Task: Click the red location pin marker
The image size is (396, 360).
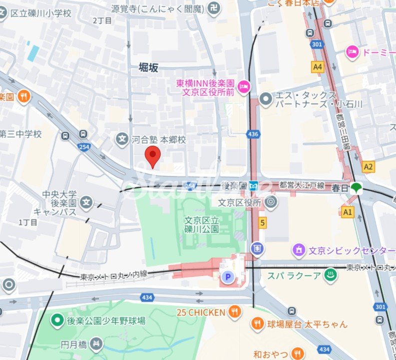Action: point(152,157)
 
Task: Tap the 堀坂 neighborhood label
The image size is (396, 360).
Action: point(148,68)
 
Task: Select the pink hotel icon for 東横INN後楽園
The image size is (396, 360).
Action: point(244,87)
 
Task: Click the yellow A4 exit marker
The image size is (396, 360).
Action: point(317,67)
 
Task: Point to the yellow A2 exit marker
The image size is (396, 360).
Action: point(368,166)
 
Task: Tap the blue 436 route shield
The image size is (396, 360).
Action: point(253,134)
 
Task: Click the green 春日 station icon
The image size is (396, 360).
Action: point(356,188)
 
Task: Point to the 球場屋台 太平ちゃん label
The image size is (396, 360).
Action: point(307,324)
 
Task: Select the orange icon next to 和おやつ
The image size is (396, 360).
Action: point(298,353)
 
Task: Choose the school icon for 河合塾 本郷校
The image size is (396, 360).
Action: point(122,140)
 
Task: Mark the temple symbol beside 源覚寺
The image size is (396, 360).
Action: point(214,9)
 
